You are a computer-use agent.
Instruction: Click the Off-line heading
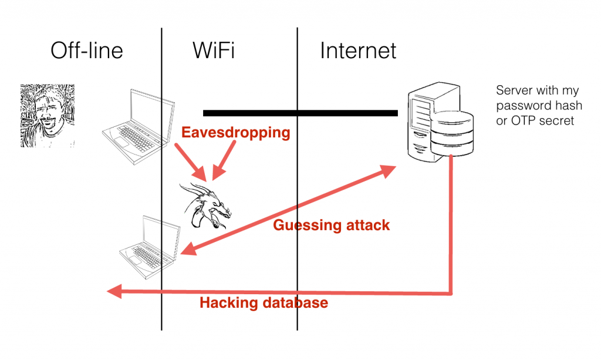(87, 51)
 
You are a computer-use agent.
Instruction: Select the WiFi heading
(214, 51)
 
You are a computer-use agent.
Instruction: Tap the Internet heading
(358, 51)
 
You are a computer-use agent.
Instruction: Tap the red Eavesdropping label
(236, 133)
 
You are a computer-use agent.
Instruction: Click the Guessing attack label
(331, 225)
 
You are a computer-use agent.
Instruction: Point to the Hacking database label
(264, 303)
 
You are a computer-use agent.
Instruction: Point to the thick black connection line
(300, 112)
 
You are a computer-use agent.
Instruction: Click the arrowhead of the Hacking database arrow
(113, 291)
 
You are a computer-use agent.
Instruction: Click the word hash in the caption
(569, 106)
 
